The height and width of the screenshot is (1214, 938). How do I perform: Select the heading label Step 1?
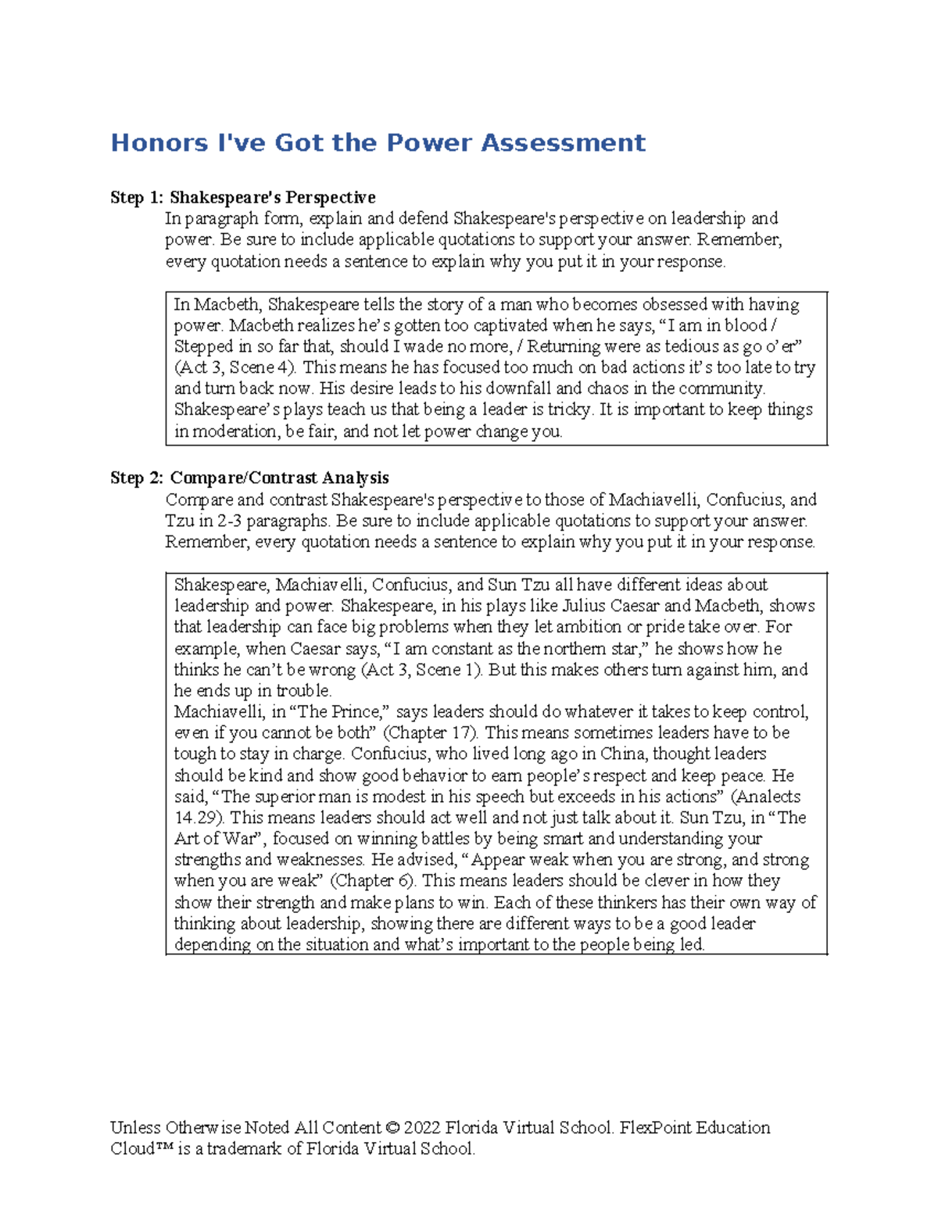tap(137, 198)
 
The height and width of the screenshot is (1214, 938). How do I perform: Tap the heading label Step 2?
tap(137, 478)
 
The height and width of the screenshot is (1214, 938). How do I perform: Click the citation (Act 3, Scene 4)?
tap(235, 368)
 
